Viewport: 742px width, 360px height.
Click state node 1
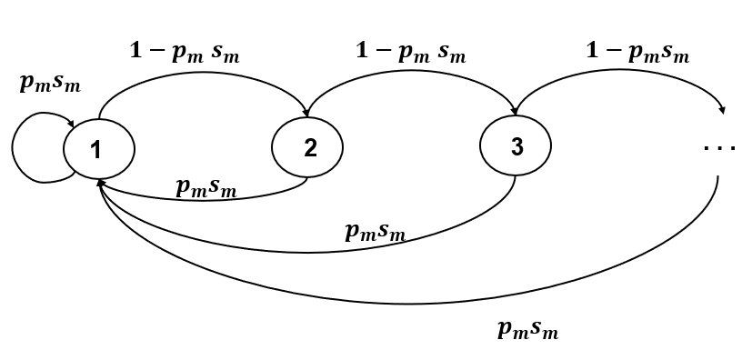(99, 148)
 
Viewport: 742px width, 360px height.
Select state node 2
(309, 147)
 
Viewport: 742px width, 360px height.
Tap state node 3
(516, 147)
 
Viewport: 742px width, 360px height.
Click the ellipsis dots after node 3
(719, 148)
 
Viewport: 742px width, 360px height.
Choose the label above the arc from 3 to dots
(637, 52)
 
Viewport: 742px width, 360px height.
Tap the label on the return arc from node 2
(206, 187)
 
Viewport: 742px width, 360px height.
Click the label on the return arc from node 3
(376, 231)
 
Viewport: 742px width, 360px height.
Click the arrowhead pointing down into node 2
(307, 114)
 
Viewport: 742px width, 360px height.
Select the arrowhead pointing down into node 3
(516, 114)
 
